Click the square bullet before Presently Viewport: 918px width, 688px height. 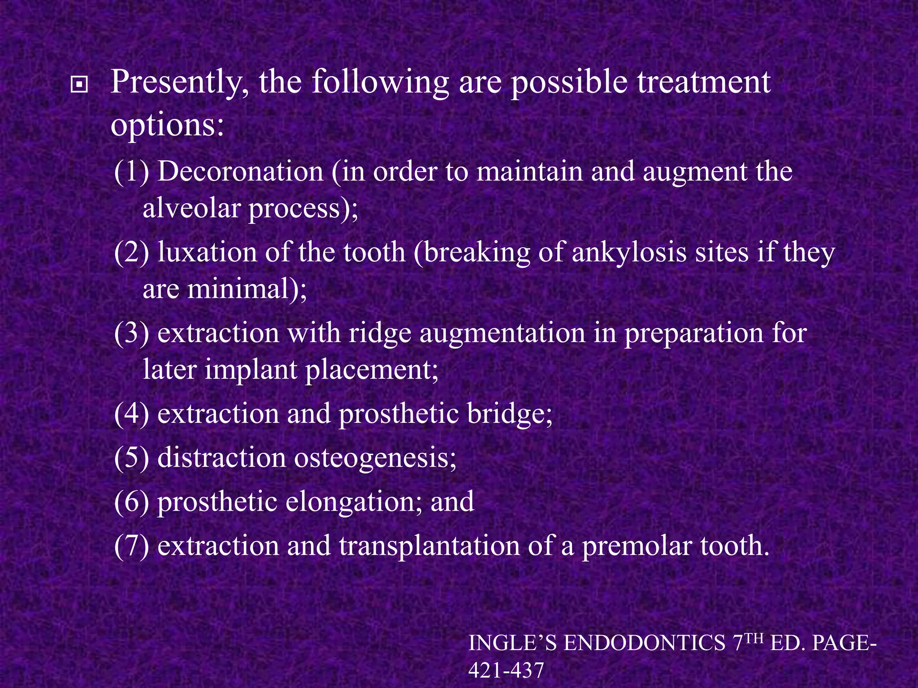point(79,84)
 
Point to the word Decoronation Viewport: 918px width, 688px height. point(240,172)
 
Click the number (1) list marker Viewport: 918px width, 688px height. point(131,172)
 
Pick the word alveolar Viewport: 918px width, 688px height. point(191,208)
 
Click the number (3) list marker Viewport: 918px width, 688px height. point(131,333)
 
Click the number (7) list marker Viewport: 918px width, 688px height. point(131,546)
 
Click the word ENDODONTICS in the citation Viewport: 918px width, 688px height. point(645,644)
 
